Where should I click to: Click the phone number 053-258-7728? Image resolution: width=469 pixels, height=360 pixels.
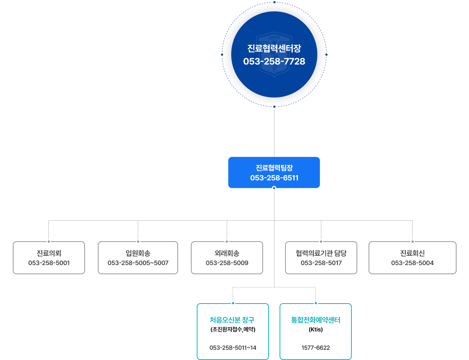[x=274, y=61]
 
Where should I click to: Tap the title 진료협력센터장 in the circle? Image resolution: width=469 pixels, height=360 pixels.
[x=274, y=48]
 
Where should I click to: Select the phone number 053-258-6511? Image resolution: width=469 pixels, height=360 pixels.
[x=274, y=178]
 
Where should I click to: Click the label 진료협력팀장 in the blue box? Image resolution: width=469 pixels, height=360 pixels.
[x=274, y=168]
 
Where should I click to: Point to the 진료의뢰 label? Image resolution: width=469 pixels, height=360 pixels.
[x=49, y=253]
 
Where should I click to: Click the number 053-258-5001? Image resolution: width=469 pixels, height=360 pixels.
[x=49, y=263]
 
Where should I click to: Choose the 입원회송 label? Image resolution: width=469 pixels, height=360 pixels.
[x=138, y=253]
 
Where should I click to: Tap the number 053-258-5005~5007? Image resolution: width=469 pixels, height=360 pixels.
[x=138, y=263]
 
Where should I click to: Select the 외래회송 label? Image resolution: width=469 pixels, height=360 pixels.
[x=227, y=253]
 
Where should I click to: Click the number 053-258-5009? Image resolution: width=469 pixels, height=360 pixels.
[x=227, y=263]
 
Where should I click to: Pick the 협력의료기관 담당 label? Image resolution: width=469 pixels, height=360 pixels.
[x=321, y=253]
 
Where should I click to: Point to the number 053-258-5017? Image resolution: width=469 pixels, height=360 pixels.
[x=321, y=263]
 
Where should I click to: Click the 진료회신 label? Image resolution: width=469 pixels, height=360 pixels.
[x=412, y=253]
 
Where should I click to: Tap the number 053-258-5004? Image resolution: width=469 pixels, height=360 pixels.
[x=412, y=263]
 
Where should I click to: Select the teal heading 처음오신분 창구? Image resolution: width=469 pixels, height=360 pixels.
[x=232, y=320]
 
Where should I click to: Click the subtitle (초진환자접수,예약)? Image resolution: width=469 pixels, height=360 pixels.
[x=233, y=329]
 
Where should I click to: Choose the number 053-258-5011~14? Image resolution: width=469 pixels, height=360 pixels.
[x=233, y=348]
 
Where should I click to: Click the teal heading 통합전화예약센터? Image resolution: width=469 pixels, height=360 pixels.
[x=315, y=320]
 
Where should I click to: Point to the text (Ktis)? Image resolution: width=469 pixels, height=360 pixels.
[x=315, y=329]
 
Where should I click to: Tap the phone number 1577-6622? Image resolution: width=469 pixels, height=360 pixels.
[x=315, y=348]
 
